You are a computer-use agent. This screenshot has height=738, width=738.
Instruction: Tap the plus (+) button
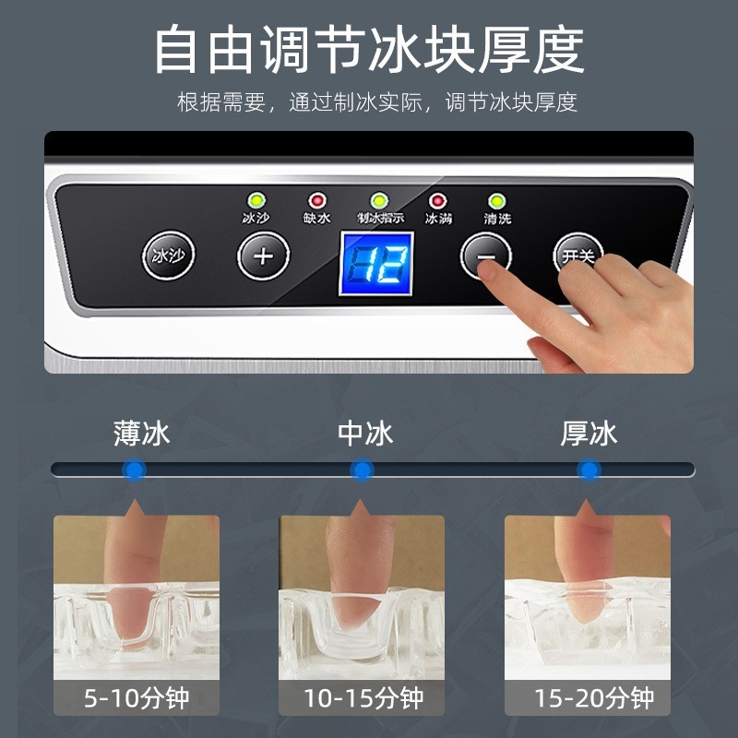[x=264, y=256]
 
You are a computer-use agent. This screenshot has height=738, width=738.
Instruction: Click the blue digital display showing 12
[x=375, y=264]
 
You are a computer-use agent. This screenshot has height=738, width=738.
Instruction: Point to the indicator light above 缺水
[x=317, y=200]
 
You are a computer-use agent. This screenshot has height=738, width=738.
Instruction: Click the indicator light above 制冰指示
[x=377, y=200]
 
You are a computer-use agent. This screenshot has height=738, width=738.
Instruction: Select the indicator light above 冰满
[x=437, y=200]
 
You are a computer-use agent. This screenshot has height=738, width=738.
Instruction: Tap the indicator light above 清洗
[x=496, y=200]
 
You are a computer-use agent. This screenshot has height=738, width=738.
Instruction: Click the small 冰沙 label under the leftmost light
[x=255, y=220]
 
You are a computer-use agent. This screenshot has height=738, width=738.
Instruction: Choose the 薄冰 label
[x=142, y=433]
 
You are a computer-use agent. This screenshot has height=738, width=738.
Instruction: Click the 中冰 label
[x=365, y=433]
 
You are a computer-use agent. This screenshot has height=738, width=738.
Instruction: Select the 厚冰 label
[x=589, y=433]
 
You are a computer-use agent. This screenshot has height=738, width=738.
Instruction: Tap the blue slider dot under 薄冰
[x=135, y=470]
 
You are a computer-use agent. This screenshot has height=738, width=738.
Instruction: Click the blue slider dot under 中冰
[x=363, y=470]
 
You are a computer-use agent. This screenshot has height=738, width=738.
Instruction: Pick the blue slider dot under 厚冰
[x=588, y=470]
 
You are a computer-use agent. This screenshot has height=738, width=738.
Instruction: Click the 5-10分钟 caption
[x=137, y=698]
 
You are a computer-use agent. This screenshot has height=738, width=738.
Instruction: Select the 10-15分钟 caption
[x=362, y=698]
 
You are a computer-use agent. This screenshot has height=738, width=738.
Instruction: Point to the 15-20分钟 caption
[x=588, y=698]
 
